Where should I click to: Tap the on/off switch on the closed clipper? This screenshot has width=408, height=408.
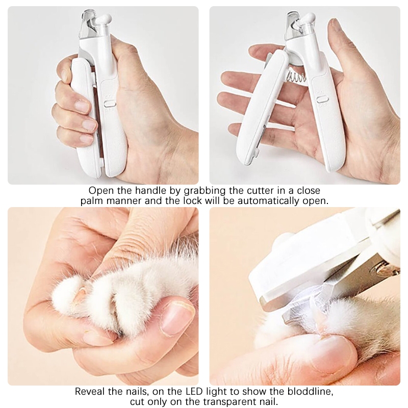(x=110, y=104)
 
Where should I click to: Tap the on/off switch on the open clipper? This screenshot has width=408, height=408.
(x=322, y=99)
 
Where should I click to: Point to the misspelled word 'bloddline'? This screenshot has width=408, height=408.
(x=310, y=391)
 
